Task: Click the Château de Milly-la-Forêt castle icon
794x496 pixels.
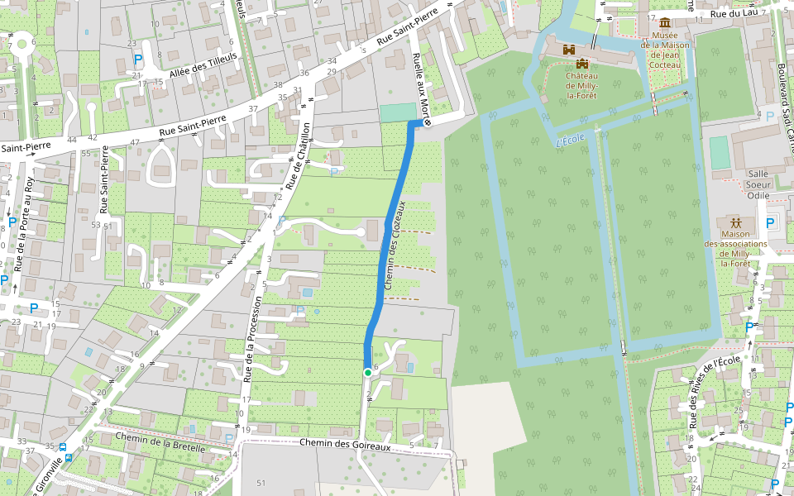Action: [582, 64]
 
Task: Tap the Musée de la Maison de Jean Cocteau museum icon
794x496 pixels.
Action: [665, 21]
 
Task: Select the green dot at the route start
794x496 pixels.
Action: [368, 373]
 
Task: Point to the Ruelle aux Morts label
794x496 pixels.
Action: [422, 88]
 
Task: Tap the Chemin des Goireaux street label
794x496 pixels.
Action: [344, 445]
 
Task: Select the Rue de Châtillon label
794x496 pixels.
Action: [297, 156]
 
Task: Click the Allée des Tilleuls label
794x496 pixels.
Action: [203, 64]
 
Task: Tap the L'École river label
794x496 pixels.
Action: [571, 139]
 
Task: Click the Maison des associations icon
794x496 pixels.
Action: [735, 223]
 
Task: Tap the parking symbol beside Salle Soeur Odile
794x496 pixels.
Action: [771, 222]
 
